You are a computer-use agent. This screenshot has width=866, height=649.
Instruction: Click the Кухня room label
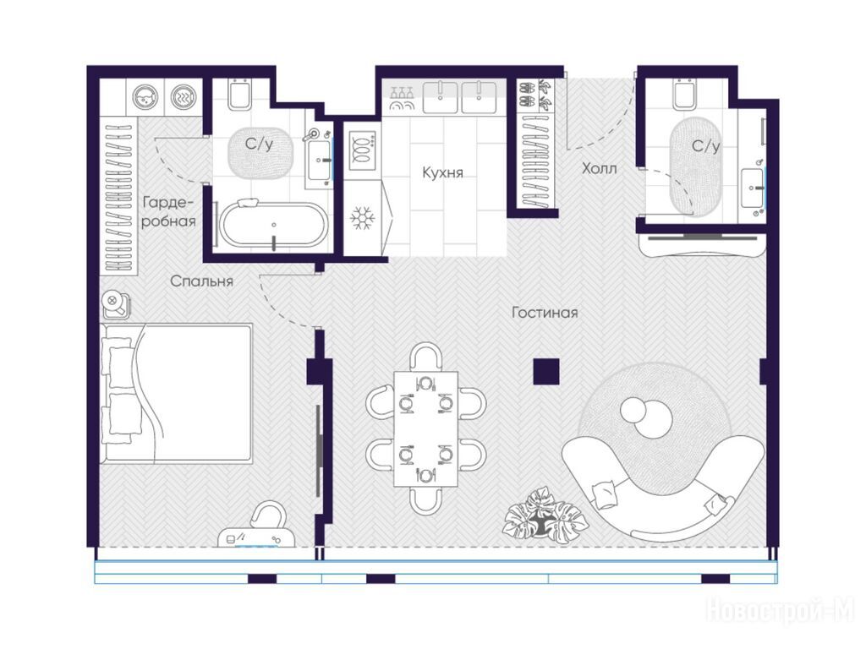click(442, 172)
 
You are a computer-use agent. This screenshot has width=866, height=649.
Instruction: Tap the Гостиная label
click(545, 313)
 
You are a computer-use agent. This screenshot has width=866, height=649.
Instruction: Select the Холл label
click(600, 168)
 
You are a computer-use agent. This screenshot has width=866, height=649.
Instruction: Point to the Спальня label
click(201, 281)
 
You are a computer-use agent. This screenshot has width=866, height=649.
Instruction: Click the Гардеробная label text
click(168, 212)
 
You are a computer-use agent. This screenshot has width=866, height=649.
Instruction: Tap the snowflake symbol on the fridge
click(362, 219)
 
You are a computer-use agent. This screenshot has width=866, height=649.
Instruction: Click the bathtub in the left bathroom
click(273, 225)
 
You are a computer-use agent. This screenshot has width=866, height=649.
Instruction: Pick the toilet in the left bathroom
click(240, 94)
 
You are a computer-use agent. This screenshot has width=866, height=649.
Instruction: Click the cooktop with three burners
click(362, 150)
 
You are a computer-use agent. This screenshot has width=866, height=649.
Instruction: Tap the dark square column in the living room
click(546, 372)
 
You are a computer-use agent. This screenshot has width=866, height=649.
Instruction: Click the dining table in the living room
click(426, 428)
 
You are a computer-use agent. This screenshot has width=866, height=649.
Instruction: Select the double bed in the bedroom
click(176, 393)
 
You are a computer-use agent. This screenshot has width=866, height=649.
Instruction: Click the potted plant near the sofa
click(544, 514)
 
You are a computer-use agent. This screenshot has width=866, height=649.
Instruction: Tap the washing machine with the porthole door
click(145, 97)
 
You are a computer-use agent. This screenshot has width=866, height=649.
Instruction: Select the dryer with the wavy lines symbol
click(184, 97)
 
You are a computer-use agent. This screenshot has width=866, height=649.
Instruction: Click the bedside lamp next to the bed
click(116, 303)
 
